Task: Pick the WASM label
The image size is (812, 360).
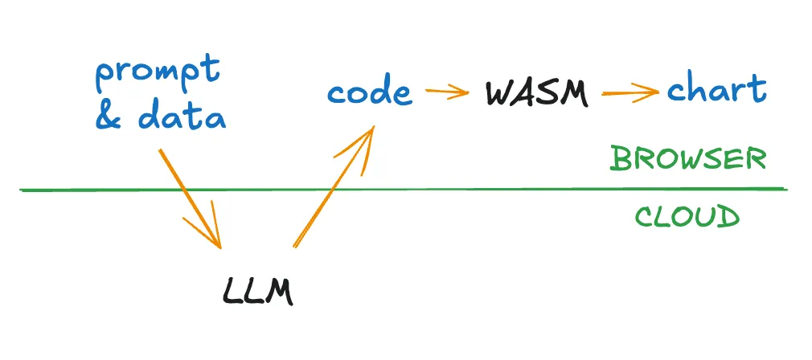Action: click(x=537, y=93)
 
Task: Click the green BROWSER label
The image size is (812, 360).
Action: click(x=687, y=158)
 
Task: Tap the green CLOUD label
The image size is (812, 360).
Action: click(x=687, y=216)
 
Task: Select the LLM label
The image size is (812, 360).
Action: click(x=257, y=290)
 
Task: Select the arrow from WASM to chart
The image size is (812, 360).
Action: click(x=630, y=92)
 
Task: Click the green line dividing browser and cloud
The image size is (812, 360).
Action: click(x=482, y=190)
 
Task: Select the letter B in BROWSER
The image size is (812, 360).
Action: click(x=620, y=159)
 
